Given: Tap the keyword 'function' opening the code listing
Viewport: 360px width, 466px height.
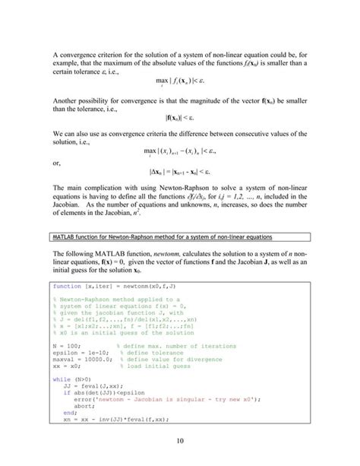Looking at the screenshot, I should [67, 287].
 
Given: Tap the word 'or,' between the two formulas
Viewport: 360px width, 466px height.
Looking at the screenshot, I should [58, 162].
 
